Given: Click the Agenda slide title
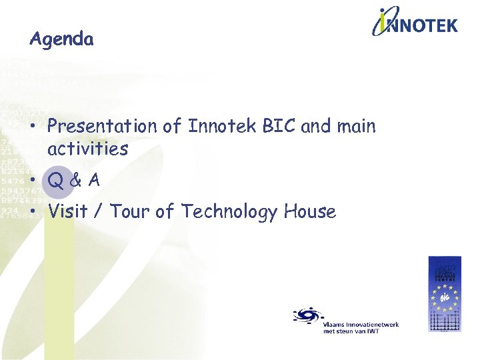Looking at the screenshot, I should pos(61,40).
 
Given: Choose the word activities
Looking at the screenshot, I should pos(87,149).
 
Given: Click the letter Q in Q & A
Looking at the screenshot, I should pos(57,181).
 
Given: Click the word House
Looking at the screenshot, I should pos(309,212).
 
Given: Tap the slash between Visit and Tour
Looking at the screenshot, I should pos(99,213).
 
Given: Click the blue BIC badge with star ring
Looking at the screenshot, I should pos(444,293).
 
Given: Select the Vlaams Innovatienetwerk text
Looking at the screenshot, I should pos(361,324).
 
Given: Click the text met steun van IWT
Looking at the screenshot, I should pos(351,331).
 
